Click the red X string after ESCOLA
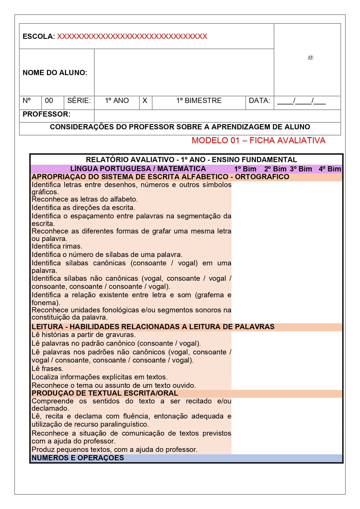coord(132,37)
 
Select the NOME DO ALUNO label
coord(55,73)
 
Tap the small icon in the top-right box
coord(310,57)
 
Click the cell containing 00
coord(49,101)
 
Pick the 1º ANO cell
coord(117,101)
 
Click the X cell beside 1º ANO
coord(145,101)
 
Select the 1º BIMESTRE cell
coord(199,101)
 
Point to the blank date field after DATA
coord(301,101)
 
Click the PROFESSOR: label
coord(46,114)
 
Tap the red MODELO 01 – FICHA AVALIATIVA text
coord(258,140)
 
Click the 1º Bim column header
coord(245,169)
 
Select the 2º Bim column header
coord(275,169)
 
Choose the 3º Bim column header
coord(301,169)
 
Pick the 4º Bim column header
coord(330,169)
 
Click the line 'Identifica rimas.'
coord(57,246)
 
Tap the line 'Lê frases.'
coord(47,369)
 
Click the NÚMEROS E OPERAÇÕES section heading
coord(78,458)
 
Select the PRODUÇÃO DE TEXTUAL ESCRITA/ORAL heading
coord(105,393)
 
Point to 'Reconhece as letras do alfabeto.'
coord(85,199)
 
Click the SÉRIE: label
coord(79,101)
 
